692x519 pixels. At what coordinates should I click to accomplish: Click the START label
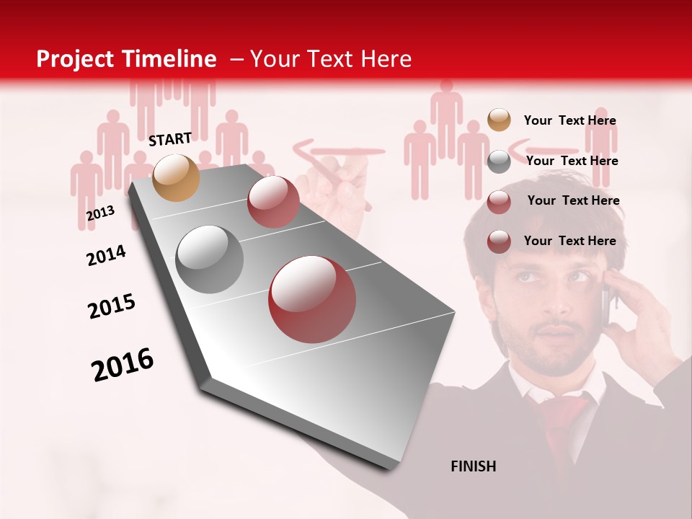pos(170,139)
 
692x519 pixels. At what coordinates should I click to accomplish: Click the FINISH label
pos(473,466)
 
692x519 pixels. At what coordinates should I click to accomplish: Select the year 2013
pos(100,213)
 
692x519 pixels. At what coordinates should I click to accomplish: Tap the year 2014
pos(106,256)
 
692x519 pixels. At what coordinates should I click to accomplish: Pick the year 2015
pos(111,306)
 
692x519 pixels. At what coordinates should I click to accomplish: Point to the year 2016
pos(123,365)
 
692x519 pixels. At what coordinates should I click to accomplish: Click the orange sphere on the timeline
pos(177,177)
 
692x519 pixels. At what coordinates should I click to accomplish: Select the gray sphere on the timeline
pos(210,259)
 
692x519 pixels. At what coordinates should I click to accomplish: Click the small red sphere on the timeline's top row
pos(273,202)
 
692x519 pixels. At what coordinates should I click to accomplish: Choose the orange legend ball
pos(499,120)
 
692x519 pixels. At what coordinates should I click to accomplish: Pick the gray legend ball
pos(499,161)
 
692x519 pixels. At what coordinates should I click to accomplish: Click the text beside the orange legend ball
pos(569,120)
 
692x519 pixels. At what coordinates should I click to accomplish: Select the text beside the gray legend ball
pos(572,161)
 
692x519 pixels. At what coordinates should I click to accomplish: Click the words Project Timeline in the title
pos(126,59)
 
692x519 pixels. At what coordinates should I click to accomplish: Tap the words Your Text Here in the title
pos(330,59)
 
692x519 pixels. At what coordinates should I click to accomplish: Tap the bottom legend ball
pos(499,241)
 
